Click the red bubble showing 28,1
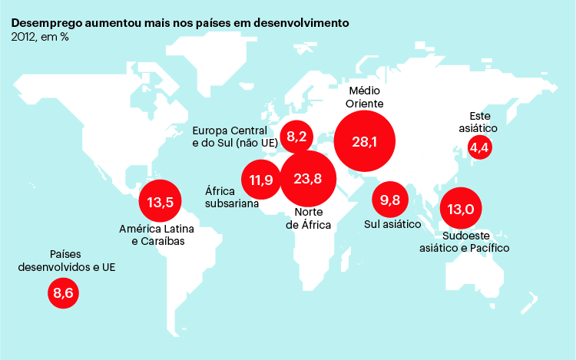(365, 142)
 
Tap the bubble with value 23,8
(307, 180)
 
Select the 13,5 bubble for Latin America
(161, 203)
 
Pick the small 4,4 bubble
(480, 147)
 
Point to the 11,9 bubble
(261, 180)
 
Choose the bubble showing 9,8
(391, 200)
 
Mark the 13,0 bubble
(461, 209)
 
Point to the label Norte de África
(308, 219)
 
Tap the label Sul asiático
(392, 225)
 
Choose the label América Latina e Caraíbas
(157, 235)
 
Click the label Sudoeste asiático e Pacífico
(464, 242)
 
